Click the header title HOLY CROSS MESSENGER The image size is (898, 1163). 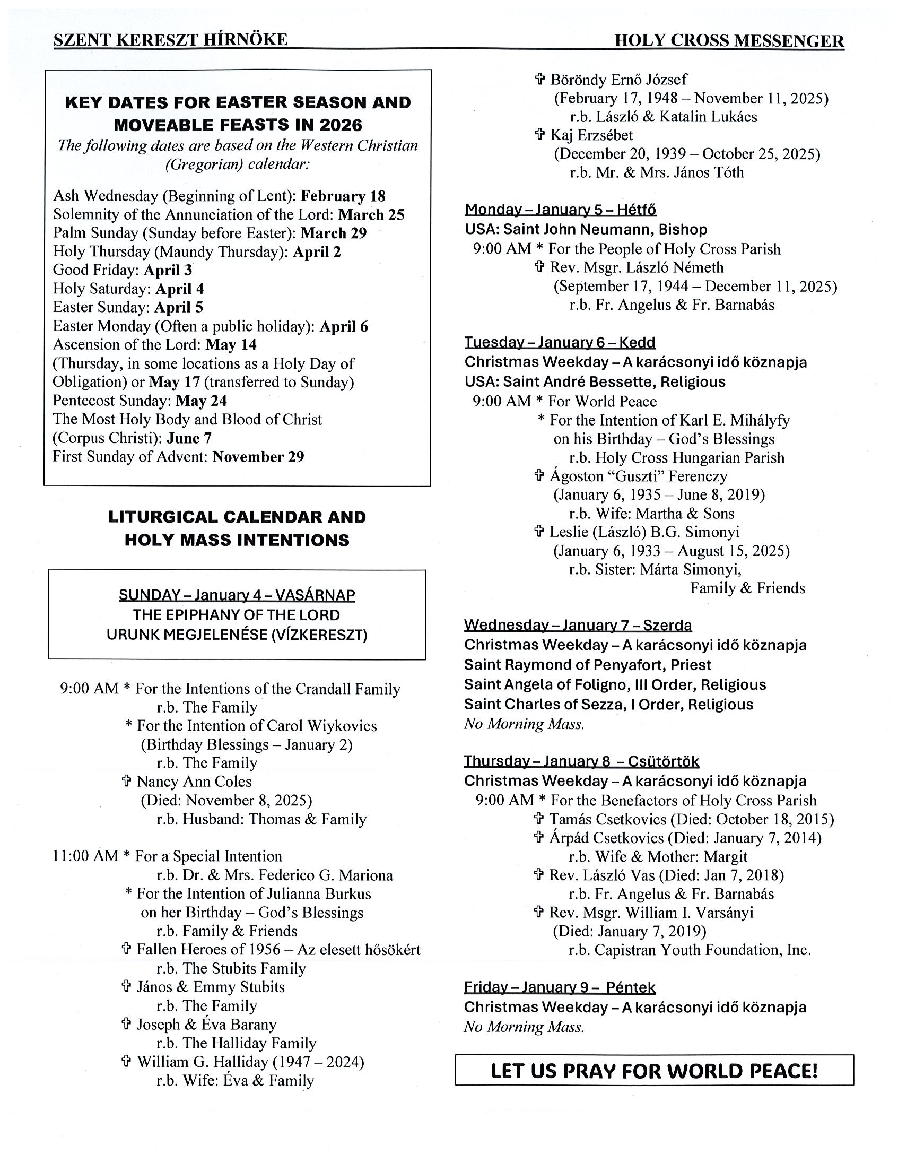[x=729, y=41]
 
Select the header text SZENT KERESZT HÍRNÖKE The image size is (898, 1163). [x=170, y=39]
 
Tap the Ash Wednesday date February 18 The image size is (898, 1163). [x=343, y=196]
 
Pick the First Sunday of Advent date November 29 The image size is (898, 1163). [x=258, y=457]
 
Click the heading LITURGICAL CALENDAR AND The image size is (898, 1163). [x=237, y=517]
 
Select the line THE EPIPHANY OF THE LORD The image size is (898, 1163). [x=237, y=615]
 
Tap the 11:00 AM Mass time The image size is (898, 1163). [x=85, y=856]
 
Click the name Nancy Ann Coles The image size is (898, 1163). [x=194, y=782]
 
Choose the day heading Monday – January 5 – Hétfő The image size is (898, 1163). [x=560, y=210]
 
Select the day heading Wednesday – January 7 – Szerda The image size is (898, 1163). [x=578, y=625]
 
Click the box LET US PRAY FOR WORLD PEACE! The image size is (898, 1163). [x=654, y=1070]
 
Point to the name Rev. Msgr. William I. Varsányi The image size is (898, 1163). [x=651, y=913]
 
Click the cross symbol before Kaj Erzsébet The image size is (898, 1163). [x=540, y=135]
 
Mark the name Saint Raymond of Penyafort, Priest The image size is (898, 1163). [x=588, y=665]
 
